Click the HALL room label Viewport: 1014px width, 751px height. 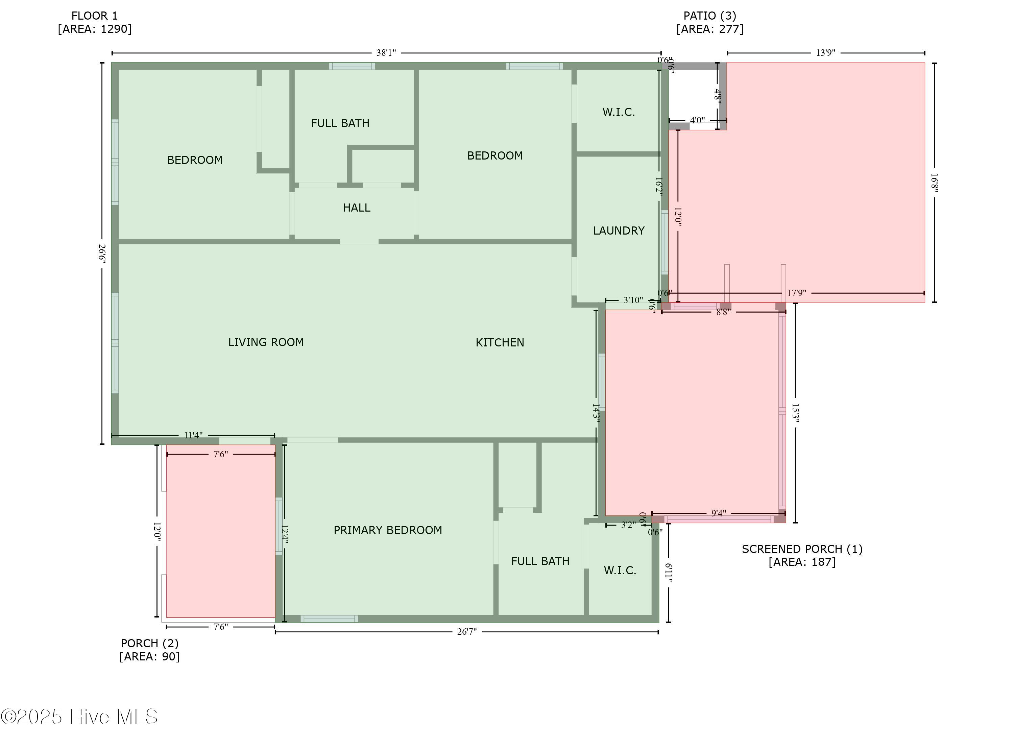click(356, 208)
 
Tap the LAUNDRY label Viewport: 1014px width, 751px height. click(619, 231)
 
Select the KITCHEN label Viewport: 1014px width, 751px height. click(500, 342)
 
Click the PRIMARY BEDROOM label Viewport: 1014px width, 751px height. click(388, 530)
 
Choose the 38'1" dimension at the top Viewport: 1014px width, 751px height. click(386, 53)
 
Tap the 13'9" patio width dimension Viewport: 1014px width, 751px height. click(825, 53)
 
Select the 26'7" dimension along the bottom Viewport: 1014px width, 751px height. click(467, 632)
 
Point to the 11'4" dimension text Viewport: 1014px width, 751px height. click(193, 435)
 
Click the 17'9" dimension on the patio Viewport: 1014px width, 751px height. click(796, 293)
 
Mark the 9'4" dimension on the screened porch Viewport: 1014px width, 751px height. click(719, 513)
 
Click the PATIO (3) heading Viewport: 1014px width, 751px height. click(710, 16)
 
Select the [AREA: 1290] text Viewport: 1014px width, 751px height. click(95, 29)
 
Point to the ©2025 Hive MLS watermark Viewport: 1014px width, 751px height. click(79, 717)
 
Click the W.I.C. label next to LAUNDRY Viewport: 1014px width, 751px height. click(619, 112)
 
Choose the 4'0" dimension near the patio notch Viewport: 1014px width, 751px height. click(697, 120)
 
